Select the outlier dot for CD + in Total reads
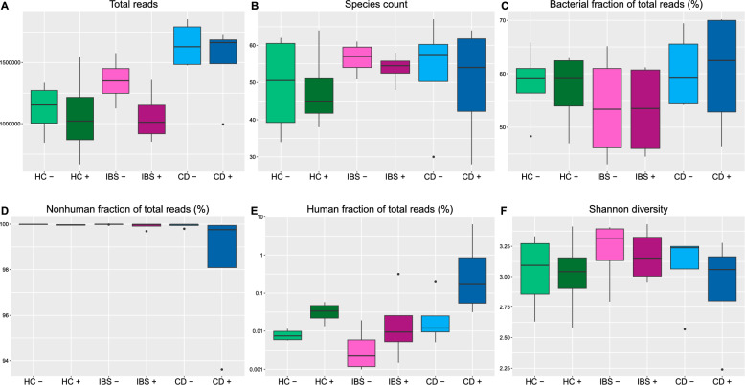pos(223,125)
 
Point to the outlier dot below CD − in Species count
pos(434,157)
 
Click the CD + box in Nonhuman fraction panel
pos(222,247)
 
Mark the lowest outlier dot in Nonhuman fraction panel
pos(222,370)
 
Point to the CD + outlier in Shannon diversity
pos(721,370)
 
